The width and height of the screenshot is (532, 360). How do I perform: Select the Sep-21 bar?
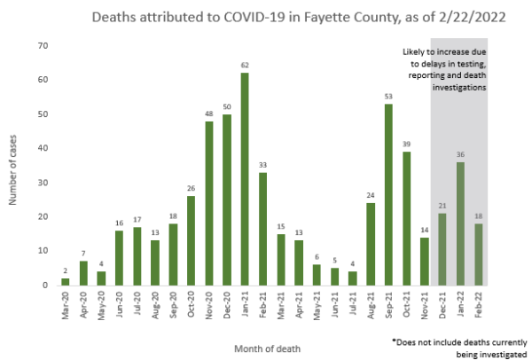coord(388,194)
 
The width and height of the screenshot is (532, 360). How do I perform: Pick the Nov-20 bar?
coord(209,203)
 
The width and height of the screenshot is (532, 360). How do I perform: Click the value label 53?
coord(388,96)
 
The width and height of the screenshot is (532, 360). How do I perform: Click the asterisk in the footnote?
coord(393,340)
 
